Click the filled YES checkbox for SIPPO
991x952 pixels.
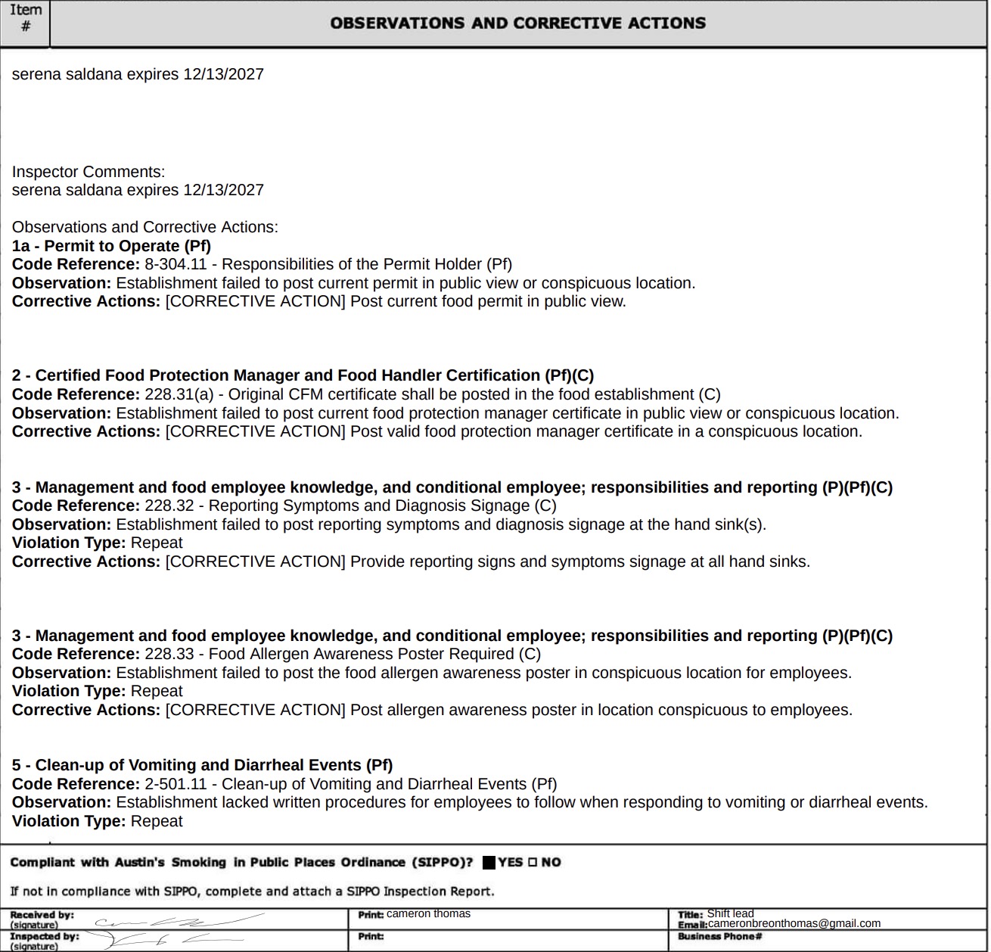[489, 863]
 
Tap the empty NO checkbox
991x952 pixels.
[533, 863]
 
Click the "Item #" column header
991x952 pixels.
[25, 18]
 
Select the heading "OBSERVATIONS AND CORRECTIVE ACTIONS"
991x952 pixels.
[517, 23]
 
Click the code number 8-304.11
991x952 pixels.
[176, 265]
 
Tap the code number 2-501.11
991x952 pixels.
[176, 785]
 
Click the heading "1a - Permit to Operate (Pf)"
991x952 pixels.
[111, 247]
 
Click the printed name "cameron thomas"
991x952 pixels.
[428, 914]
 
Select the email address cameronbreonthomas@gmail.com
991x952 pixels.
[794, 924]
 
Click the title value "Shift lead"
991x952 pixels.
[730, 913]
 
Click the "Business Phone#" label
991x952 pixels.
[719, 937]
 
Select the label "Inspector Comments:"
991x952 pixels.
[89, 173]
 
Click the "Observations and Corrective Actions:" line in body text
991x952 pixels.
[145, 228]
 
